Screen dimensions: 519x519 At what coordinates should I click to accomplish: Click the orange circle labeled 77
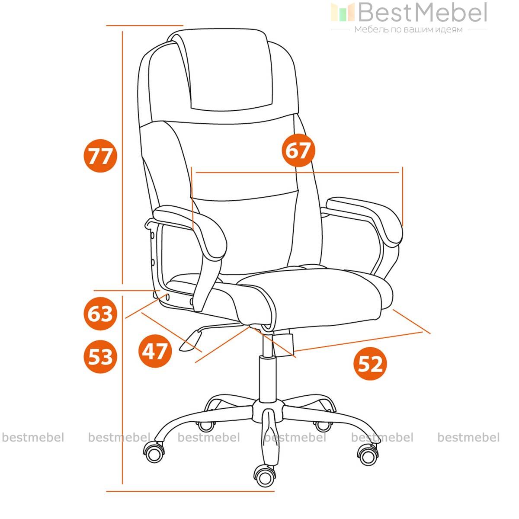[100, 156]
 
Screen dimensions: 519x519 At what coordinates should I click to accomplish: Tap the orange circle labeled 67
[298, 150]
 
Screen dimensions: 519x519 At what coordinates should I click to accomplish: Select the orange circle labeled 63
[100, 314]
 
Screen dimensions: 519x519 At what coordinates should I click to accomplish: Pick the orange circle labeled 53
[100, 356]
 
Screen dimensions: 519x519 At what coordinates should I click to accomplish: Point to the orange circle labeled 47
[155, 351]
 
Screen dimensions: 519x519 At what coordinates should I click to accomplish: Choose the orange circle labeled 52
[370, 364]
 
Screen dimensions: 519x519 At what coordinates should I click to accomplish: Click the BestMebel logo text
[423, 13]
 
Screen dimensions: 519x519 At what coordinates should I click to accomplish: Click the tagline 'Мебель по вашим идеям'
[408, 29]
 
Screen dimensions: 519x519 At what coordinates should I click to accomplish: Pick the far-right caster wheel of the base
[368, 455]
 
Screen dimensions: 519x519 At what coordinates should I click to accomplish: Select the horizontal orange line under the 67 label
[297, 172]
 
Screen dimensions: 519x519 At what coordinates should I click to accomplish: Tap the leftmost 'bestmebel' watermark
[33, 437]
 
